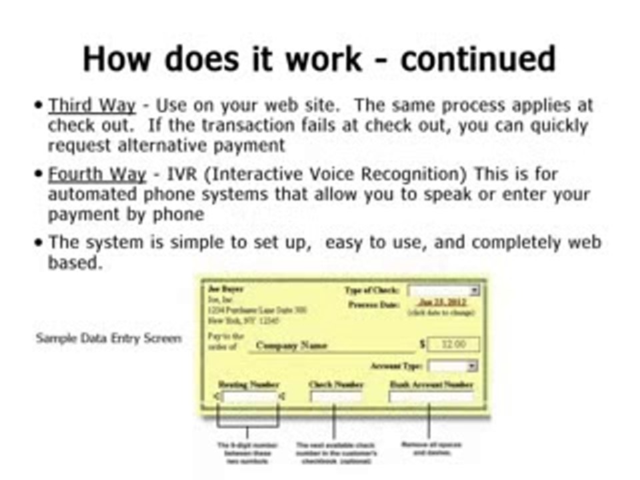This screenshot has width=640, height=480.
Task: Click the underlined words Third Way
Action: (91, 105)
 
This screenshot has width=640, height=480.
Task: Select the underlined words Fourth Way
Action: (97, 175)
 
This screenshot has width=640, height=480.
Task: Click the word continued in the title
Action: (478, 59)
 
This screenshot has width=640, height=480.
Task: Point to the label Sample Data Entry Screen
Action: (108, 338)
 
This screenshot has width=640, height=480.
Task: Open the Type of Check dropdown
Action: (443, 291)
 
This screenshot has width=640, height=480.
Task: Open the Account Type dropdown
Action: (453, 366)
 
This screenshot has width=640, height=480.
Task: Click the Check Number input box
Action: (335, 397)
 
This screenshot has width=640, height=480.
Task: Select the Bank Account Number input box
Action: (431, 397)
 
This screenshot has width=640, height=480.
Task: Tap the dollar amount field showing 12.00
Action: (454, 345)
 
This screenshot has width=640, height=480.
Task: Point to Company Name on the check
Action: (291, 346)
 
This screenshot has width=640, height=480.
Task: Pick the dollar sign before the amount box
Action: (422, 345)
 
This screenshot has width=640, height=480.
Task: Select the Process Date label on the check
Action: (373, 304)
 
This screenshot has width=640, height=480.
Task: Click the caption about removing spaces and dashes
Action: (431, 449)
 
